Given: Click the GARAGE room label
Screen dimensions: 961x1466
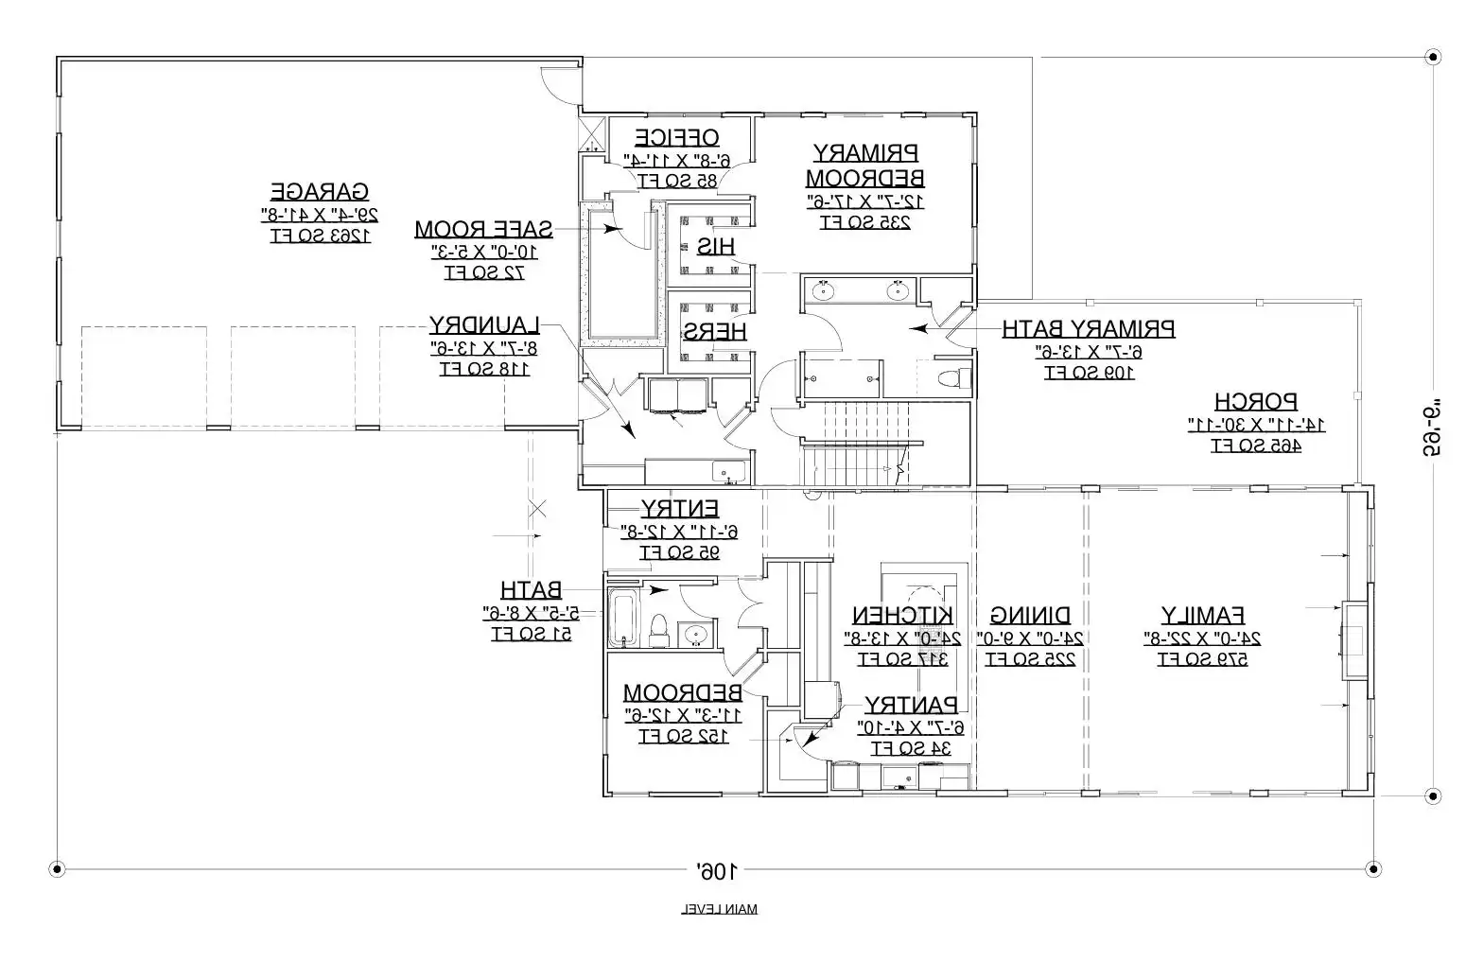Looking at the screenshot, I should (320, 191).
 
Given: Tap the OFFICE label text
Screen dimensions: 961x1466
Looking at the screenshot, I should (676, 136).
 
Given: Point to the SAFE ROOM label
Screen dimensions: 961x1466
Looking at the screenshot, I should (483, 228).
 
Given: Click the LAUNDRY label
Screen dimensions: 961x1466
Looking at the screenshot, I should (483, 324).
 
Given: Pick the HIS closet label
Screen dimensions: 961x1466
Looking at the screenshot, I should (715, 246).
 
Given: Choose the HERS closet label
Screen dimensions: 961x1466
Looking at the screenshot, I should (715, 331).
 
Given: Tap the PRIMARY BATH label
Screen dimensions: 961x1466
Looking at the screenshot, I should (1088, 329).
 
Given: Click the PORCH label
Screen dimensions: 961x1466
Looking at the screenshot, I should (1255, 401).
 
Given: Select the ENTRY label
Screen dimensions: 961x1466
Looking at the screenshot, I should (679, 508).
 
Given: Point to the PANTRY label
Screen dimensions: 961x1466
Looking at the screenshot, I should (910, 705).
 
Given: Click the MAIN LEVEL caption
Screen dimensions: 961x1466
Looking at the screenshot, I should (719, 909).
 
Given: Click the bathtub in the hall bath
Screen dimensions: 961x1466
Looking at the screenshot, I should (623, 618).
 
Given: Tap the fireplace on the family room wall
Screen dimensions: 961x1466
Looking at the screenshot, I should (1353, 640).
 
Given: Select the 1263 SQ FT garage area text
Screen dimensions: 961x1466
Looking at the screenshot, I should (320, 236).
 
